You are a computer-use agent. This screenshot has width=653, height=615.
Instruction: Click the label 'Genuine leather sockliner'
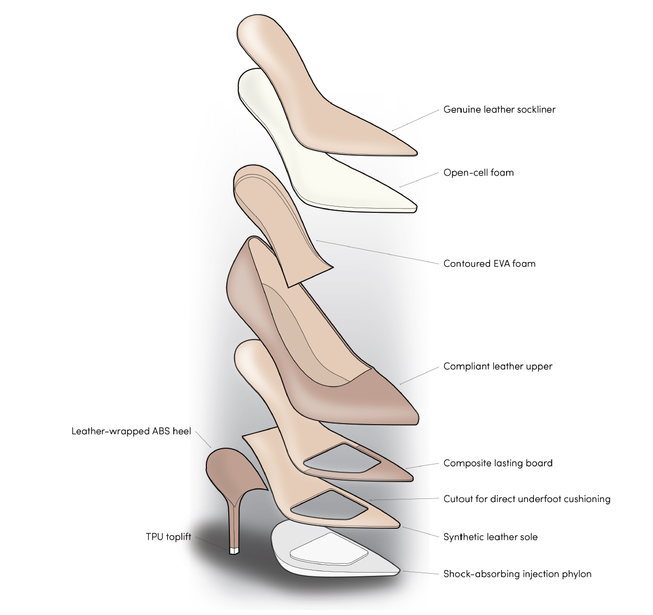click(499, 110)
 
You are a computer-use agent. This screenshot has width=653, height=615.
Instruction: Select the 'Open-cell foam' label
click(479, 173)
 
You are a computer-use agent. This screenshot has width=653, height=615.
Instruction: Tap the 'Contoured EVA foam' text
click(489, 264)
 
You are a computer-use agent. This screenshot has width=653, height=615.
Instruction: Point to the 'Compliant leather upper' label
click(497, 367)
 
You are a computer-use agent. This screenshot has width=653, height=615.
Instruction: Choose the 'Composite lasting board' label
click(497, 463)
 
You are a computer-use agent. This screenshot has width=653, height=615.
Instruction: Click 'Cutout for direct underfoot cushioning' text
click(527, 499)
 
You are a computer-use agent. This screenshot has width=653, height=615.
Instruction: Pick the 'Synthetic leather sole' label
click(490, 537)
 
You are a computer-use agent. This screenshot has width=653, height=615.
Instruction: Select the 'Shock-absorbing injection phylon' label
click(517, 574)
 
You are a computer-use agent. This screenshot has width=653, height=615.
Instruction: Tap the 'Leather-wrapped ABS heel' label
click(131, 432)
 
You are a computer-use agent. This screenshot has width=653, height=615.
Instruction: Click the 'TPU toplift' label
click(168, 537)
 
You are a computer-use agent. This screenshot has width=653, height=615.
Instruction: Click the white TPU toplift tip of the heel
click(234, 550)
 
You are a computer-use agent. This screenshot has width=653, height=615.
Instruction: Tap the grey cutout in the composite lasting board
click(342, 459)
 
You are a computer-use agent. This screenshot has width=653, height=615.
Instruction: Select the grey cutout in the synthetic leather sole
click(328, 504)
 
